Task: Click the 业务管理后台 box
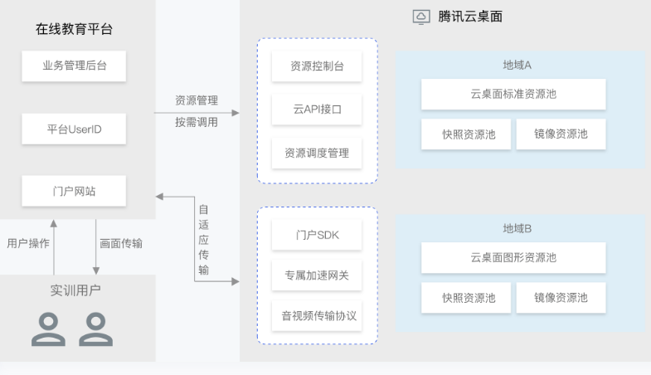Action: pos(74,66)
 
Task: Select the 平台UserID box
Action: pos(74,129)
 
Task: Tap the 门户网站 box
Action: pos(74,191)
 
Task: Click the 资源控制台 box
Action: pos(317,67)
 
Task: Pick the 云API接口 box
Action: pos(317,110)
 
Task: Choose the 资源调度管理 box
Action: pos(317,153)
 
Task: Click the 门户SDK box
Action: pos(317,235)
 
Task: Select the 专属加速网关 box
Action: pos(317,275)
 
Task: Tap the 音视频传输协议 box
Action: pos(317,316)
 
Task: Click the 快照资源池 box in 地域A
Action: pos(469,134)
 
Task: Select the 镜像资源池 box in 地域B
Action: pos(561,298)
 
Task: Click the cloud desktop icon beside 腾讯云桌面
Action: pos(421,17)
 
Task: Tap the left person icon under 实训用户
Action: pos(48,329)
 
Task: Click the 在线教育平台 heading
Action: pos(74,29)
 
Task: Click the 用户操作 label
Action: pos(28,243)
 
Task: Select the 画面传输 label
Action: pos(121,243)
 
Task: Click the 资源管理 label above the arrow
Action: pos(197,100)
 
